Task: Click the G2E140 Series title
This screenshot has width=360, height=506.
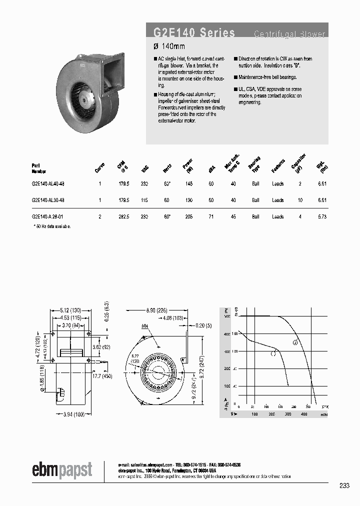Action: [194, 33]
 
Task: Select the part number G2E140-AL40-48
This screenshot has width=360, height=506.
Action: [47, 184]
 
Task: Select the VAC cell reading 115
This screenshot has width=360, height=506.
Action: [145, 200]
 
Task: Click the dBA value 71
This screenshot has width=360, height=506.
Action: [211, 217]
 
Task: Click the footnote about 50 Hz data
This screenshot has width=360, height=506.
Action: [52, 226]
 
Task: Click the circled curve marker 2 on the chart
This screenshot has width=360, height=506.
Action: [295, 342]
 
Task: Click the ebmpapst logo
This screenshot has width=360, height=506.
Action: [62, 470]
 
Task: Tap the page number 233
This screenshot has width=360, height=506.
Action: [344, 485]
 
